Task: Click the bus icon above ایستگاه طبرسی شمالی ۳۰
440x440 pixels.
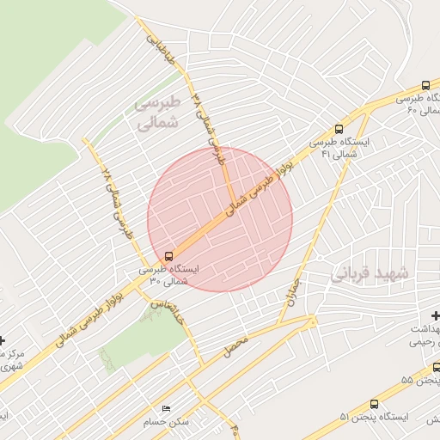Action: (168, 255)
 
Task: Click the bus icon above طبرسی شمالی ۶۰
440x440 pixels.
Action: (426, 85)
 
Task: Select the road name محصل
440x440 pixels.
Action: (234, 346)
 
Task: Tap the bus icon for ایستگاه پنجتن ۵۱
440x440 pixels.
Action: (374, 404)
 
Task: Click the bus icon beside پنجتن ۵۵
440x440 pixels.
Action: (437, 367)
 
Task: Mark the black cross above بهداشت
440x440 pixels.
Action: (436, 315)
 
